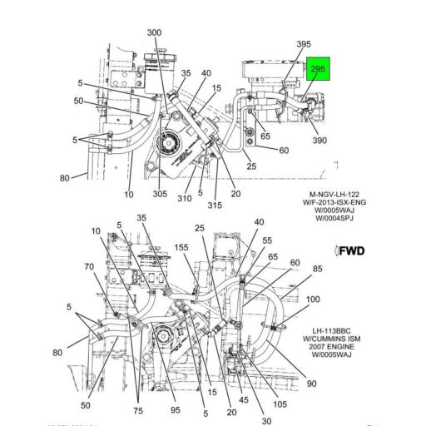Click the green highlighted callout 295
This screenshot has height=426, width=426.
(317, 70)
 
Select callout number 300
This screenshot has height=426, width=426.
(154, 32)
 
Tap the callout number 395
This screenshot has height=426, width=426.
(304, 44)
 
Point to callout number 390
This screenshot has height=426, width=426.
(319, 141)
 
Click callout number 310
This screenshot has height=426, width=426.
(184, 198)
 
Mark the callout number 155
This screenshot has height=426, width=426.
(181, 248)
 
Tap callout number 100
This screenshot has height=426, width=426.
(313, 299)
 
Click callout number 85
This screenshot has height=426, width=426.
(317, 269)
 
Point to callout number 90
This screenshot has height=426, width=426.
(311, 384)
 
